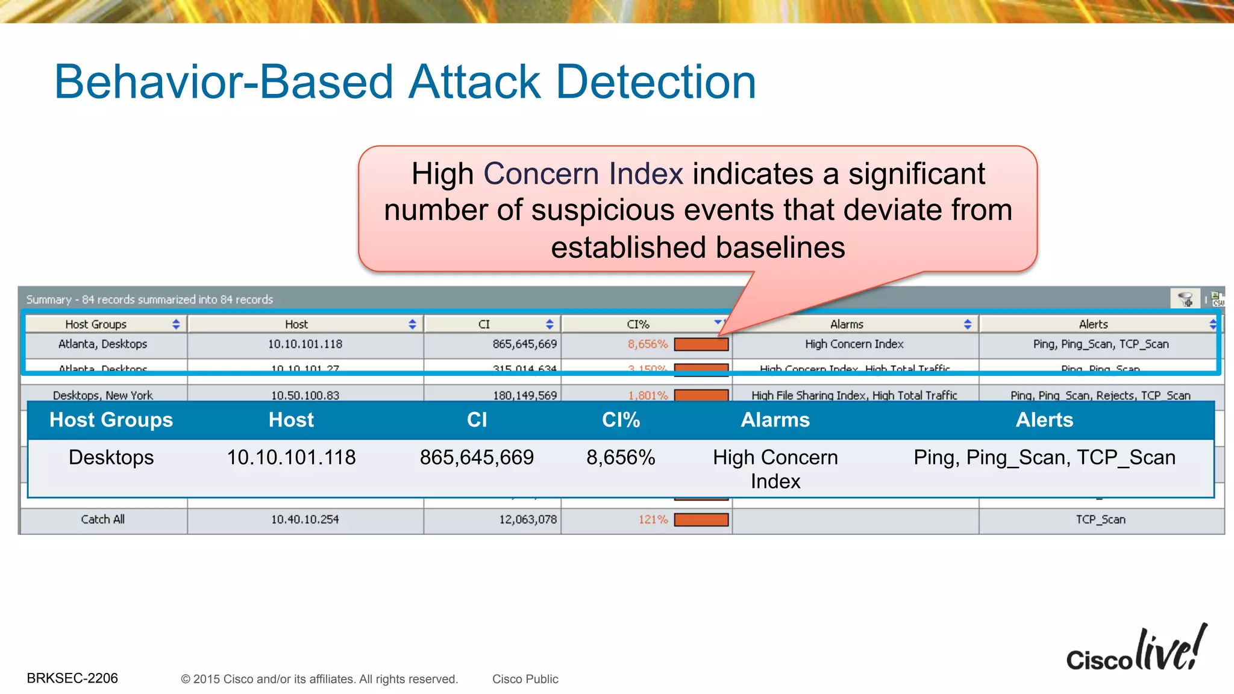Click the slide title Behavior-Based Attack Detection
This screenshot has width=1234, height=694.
[x=405, y=82]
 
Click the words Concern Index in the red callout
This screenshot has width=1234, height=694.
[x=583, y=173]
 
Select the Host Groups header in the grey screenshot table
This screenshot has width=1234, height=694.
[x=96, y=324]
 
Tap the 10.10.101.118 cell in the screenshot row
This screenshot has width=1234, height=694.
[x=305, y=344]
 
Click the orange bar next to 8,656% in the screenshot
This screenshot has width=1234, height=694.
[x=701, y=345]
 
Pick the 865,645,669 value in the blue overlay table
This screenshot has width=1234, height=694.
[x=477, y=457]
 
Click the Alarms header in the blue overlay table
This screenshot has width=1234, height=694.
[x=775, y=420]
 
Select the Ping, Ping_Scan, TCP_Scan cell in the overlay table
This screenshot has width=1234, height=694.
[x=1044, y=457]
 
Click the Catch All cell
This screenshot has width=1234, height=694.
[x=102, y=519]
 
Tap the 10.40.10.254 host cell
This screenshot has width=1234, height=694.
[x=305, y=519]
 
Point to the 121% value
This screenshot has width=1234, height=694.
[x=653, y=519]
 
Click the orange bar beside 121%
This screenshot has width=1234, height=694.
[x=701, y=519]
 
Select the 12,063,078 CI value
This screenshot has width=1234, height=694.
[x=528, y=519]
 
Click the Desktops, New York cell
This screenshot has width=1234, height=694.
[x=102, y=395]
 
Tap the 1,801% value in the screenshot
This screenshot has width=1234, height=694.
[x=648, y=395]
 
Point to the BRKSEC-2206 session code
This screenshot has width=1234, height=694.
[x=72, y=678]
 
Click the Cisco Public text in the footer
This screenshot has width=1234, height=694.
[x=525, y=679]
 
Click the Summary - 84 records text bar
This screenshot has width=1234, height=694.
[x=149, y=299]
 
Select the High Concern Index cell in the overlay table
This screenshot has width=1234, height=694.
[x=775, y=469]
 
